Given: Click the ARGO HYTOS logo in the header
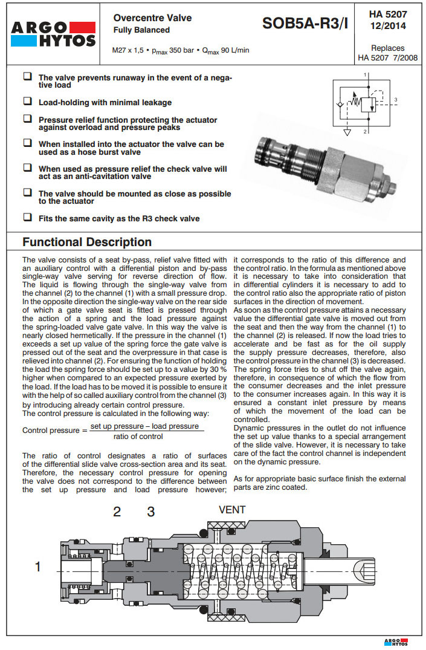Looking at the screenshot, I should (53, 34).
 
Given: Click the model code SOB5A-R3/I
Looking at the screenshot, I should (305, 24).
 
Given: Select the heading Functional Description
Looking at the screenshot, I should (87, 242).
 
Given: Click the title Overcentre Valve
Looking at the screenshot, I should (152, 18).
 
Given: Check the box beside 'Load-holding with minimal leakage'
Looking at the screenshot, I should (27, 102).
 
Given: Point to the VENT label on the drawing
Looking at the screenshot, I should (232, 510).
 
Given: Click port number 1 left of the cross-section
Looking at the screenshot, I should (38, 567).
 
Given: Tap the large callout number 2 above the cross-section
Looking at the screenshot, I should (117, 512).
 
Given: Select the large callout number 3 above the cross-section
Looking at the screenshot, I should (151, 512).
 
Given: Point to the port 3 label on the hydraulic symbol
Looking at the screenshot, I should (395, 99).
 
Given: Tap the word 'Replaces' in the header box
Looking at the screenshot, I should (387, 48).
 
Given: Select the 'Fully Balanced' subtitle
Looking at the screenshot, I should (141, 30).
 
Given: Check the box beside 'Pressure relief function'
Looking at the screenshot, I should (27, 119).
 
